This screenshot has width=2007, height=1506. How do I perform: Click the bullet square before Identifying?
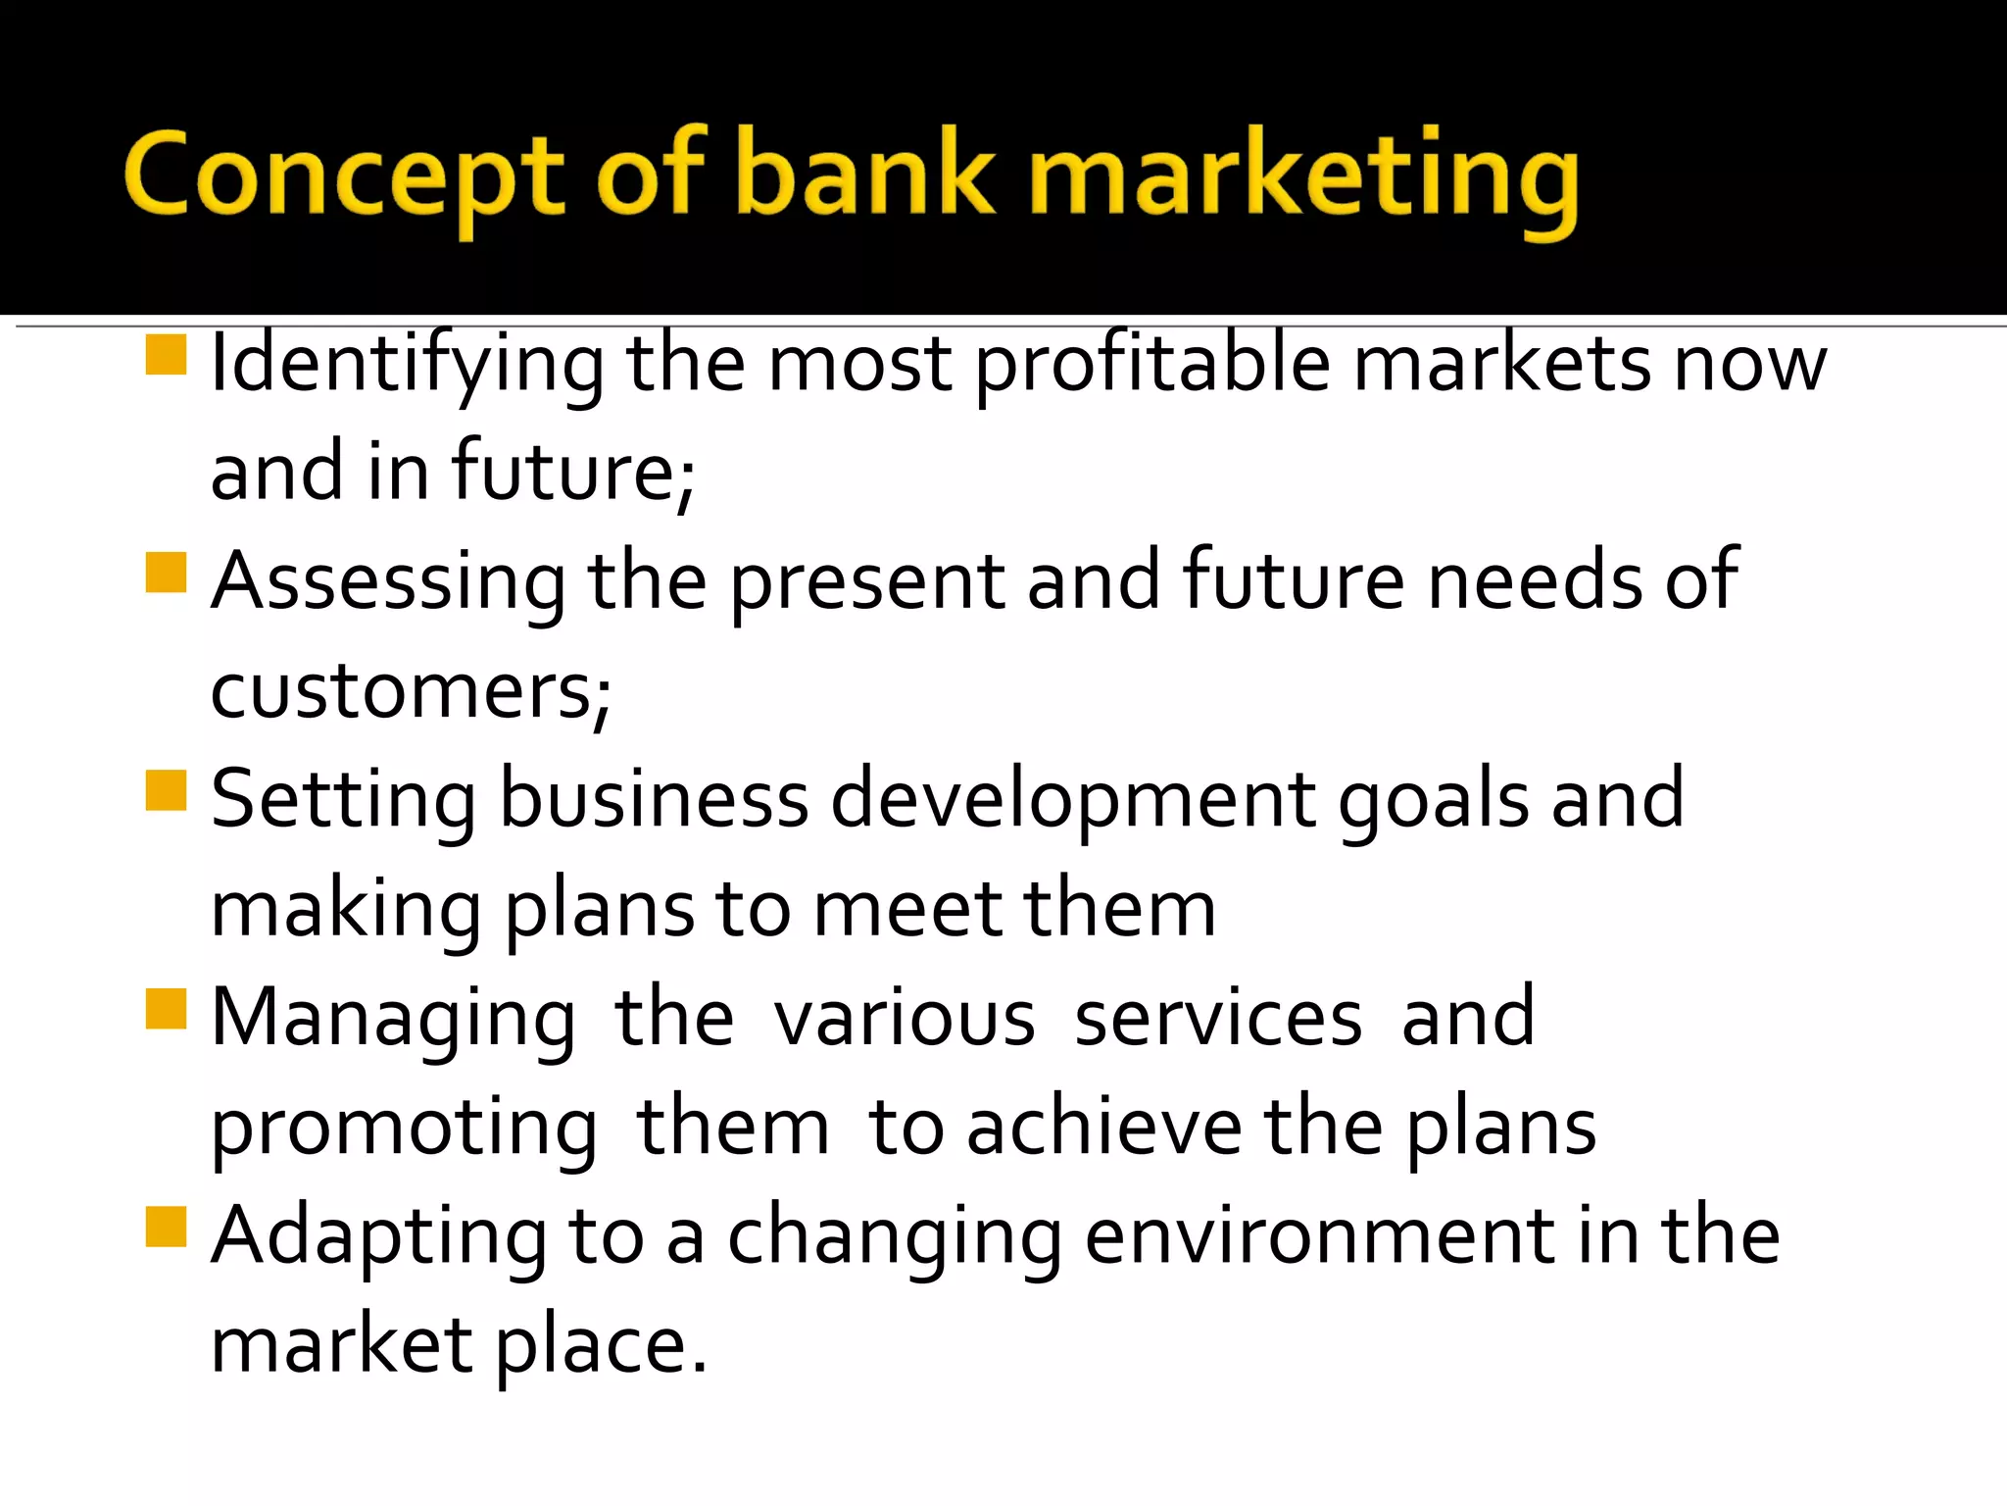point(166,355)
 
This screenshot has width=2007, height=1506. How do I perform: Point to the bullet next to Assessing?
point(166,574)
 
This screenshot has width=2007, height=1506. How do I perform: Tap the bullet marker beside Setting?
point(166,791)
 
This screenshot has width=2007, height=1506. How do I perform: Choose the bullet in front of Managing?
point(166,1009)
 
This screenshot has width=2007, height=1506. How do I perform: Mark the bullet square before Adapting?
point(166,1227)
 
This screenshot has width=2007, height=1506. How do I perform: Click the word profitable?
point(1152,365)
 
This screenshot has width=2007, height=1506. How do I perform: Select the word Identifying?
point(408,365)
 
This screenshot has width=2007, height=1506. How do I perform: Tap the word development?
point(1073,800)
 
